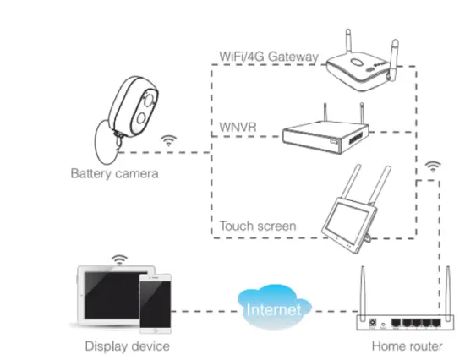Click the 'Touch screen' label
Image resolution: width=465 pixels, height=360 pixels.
(x=257, y=226)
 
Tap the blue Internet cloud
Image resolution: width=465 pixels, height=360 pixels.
(x=272, y=309)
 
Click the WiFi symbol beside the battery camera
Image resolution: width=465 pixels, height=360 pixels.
(x=169, y=141)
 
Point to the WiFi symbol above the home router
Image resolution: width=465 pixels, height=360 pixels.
(x=434, y=167)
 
